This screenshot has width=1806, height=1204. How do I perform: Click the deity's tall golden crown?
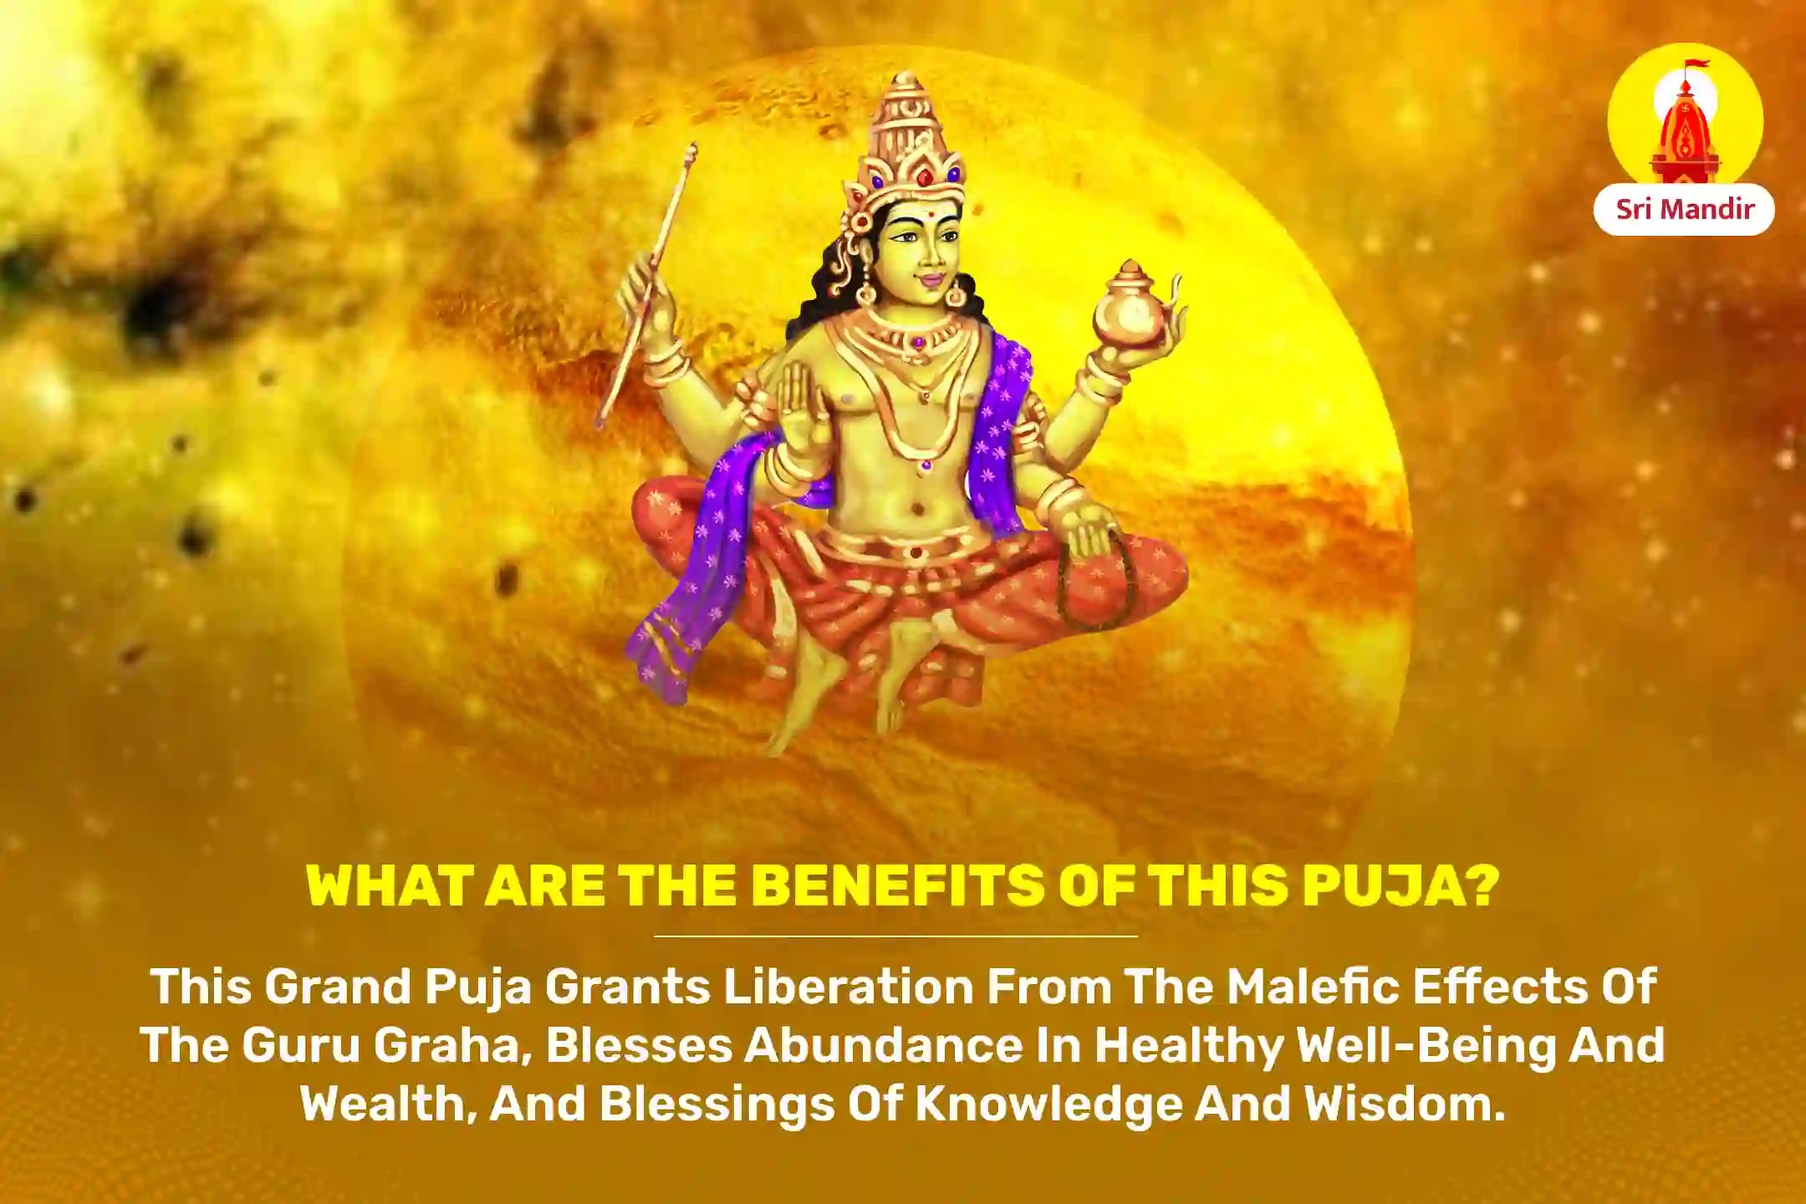(x=907, y=134)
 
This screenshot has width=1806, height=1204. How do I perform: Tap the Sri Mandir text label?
(x=1684, y=209)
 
